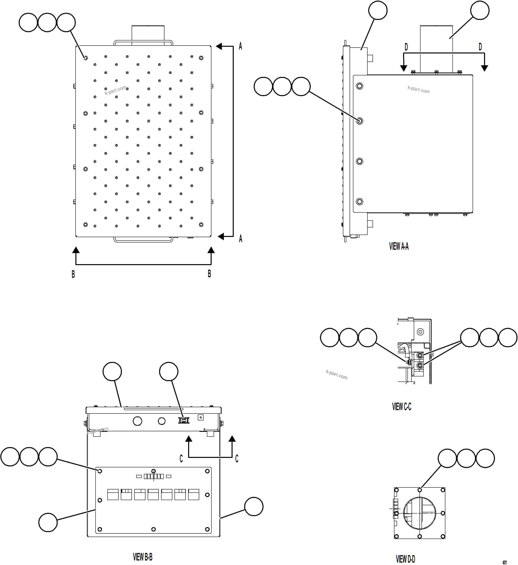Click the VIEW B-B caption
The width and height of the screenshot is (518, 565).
click(143, 557)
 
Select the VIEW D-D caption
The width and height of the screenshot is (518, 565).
click(405, 559)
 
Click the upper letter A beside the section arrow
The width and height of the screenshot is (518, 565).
click(240, 46)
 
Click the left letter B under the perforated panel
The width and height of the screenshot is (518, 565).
click(73, 274)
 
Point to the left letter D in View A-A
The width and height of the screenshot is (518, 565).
click(406, 47)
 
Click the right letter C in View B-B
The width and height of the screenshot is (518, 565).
click(237, 459)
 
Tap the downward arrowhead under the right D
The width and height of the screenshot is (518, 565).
click(484, 68)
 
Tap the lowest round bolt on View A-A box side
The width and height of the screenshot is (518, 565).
click(359, 201)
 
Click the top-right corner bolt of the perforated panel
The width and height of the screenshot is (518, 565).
click(201, 58)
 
